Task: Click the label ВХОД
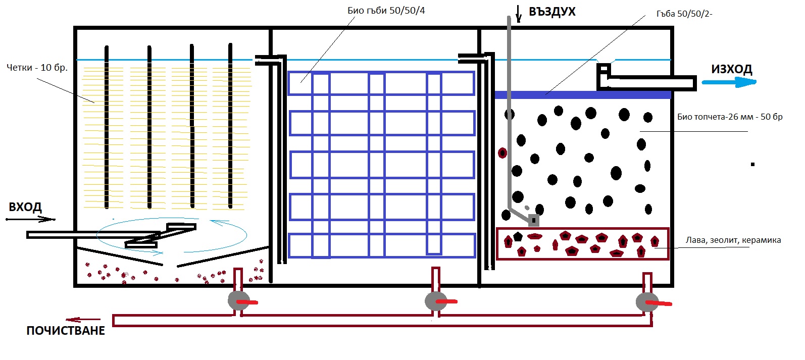[x=25, y=207]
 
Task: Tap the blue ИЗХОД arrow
[x=729, y=82]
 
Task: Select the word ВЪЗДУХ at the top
[x=552, y=12]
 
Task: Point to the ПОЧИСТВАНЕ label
[x=66, y=331]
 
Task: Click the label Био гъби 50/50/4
[x=386, y=11]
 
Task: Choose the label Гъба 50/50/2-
[x=684, y=14]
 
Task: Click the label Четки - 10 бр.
[x=37, y=68]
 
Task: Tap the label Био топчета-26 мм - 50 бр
[x=730, y=117]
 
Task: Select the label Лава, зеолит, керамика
[x=733, y=240]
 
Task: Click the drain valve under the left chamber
[x=239, y=301]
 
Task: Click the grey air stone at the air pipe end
[x=534, y=221]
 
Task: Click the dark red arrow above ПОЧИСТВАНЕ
[x=83, y=320]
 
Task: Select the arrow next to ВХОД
[x=30, y=219]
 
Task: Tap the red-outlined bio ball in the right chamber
[x=502, y=152]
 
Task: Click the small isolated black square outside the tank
[x=752, y=164]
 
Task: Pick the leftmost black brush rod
[x=107, y=126]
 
